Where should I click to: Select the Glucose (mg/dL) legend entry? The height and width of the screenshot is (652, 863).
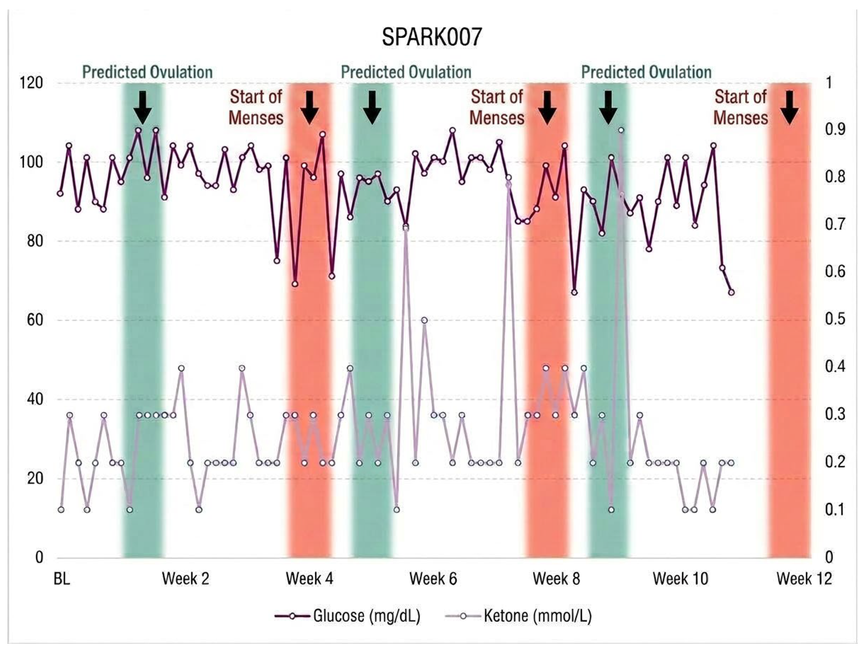[348, 616]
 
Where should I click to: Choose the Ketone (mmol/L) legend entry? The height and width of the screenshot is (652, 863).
[518, 616]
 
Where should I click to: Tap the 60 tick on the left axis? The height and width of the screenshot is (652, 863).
[35, 320]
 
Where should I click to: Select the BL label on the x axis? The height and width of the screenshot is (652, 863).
[62, 579]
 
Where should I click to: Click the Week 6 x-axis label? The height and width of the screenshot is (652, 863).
[433, 579]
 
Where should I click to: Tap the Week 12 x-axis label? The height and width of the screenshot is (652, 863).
[804, 579]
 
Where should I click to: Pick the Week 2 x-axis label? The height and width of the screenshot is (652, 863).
[186, 579]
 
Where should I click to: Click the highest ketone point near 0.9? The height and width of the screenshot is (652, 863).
[621, 130]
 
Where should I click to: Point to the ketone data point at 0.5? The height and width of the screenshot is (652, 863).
[424, 320]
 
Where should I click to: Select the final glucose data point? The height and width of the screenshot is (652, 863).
[731, 292]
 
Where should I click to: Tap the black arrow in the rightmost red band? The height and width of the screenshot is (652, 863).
[789, 108]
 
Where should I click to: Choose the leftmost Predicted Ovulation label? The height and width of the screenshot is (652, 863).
[147, 73]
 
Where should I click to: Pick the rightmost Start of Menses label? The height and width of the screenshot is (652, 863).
[741, 108]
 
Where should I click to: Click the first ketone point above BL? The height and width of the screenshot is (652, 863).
[60, 510]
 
